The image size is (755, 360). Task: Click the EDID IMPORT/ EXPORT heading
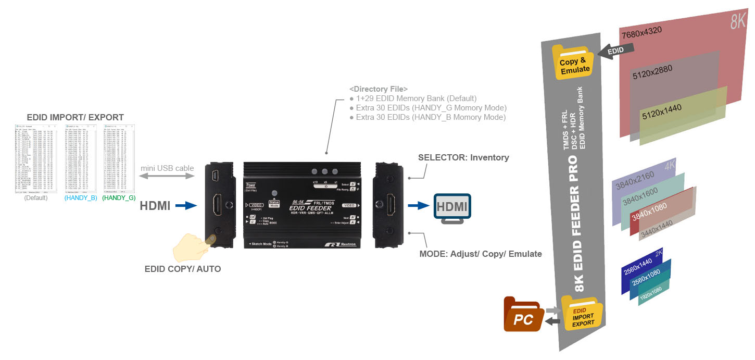pos(75,117)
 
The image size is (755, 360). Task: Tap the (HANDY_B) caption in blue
pos(81,198)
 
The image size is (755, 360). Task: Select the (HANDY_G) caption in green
pos(119,198)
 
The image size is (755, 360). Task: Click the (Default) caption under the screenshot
pos(36,198)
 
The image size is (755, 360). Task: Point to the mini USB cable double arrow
pos(167,178)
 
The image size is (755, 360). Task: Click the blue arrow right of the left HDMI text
pos(186,206)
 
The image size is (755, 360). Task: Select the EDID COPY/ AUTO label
pos(183,269)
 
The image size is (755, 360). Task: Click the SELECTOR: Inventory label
pos(463,157)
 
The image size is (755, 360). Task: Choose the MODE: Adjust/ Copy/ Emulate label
pos(481,254)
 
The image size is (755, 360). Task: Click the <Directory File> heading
pos(379,89)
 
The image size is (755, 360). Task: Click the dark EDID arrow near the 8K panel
pos(618,49)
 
